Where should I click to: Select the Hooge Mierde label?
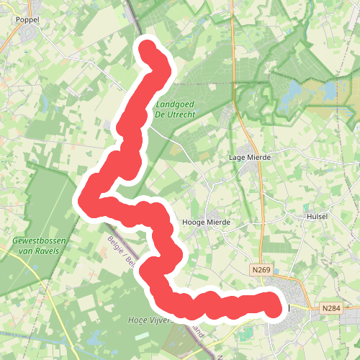206,222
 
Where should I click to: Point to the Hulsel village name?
318,215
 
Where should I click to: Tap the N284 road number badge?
330,309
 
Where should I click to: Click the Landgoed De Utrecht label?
171,109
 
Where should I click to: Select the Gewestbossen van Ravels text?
35,246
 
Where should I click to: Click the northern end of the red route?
148,49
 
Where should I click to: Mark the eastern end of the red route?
274,305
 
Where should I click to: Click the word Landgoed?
171,104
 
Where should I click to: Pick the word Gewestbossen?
35,240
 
